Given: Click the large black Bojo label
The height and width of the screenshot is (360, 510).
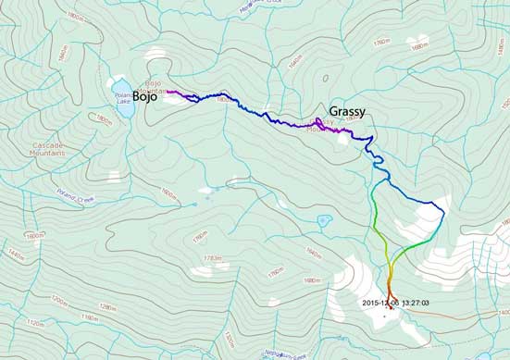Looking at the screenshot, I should click(144, 96).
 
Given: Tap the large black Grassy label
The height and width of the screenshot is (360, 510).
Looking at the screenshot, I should click(344, 111).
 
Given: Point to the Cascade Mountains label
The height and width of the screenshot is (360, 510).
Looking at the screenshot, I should click(45, 150).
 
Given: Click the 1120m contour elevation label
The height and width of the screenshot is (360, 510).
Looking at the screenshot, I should click(37, 323).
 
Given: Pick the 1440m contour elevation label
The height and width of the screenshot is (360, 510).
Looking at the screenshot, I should click(10, 253).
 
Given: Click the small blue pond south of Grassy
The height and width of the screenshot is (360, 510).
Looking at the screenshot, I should click(323, 222).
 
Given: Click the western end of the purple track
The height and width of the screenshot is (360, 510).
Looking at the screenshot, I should click(168, 92).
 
